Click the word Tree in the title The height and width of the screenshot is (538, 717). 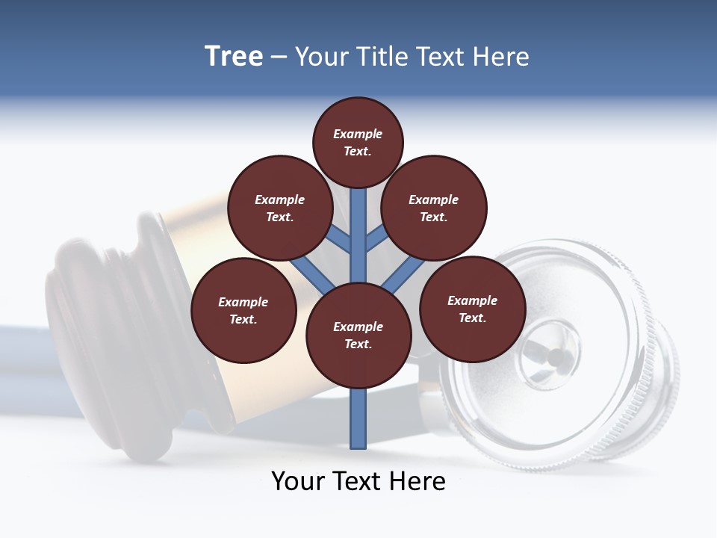(234, 57)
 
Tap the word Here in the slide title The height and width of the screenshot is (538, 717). (500, 57)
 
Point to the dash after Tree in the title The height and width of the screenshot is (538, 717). (279, 58)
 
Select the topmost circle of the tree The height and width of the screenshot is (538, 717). (358, 142)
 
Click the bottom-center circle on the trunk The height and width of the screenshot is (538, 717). (358, 335)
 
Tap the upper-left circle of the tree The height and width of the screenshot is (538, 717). (280, 208)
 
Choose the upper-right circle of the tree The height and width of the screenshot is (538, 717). (434, 208)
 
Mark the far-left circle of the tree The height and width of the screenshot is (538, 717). (243, 310)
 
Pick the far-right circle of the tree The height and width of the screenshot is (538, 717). (472, 309)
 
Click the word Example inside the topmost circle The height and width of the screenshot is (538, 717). (358, 134)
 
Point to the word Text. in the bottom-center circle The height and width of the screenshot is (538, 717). (358, 344)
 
